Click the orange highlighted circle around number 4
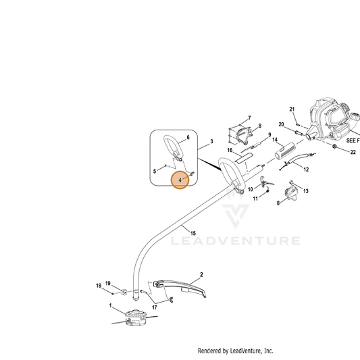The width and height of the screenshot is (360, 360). coord(180,180)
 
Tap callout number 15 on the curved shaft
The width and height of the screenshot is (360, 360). coord(193,233)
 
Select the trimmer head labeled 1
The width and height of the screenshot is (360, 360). coord(136,317)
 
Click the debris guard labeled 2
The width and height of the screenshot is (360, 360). coord(180,288)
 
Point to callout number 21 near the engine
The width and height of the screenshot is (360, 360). coord(292,109)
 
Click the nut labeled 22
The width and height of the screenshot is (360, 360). coord(334,146)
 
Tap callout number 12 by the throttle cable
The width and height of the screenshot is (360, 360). coord(306,170)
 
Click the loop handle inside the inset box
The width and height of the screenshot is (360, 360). coord(174,148)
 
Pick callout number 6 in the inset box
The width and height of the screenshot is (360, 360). coord(188,138)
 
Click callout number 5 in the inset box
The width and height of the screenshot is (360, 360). coord(155,172)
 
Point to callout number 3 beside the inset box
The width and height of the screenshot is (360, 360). coord(211,141)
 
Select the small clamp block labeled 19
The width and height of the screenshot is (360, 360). coord(124,292)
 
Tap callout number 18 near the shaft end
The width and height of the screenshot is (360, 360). coord(99,286)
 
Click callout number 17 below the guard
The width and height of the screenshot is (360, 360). coord(155,307)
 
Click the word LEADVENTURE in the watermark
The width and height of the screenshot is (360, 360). coord(236,241)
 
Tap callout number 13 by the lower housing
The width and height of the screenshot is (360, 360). coord(306,191)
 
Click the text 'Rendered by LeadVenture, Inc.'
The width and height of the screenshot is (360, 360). coord(236,351)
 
